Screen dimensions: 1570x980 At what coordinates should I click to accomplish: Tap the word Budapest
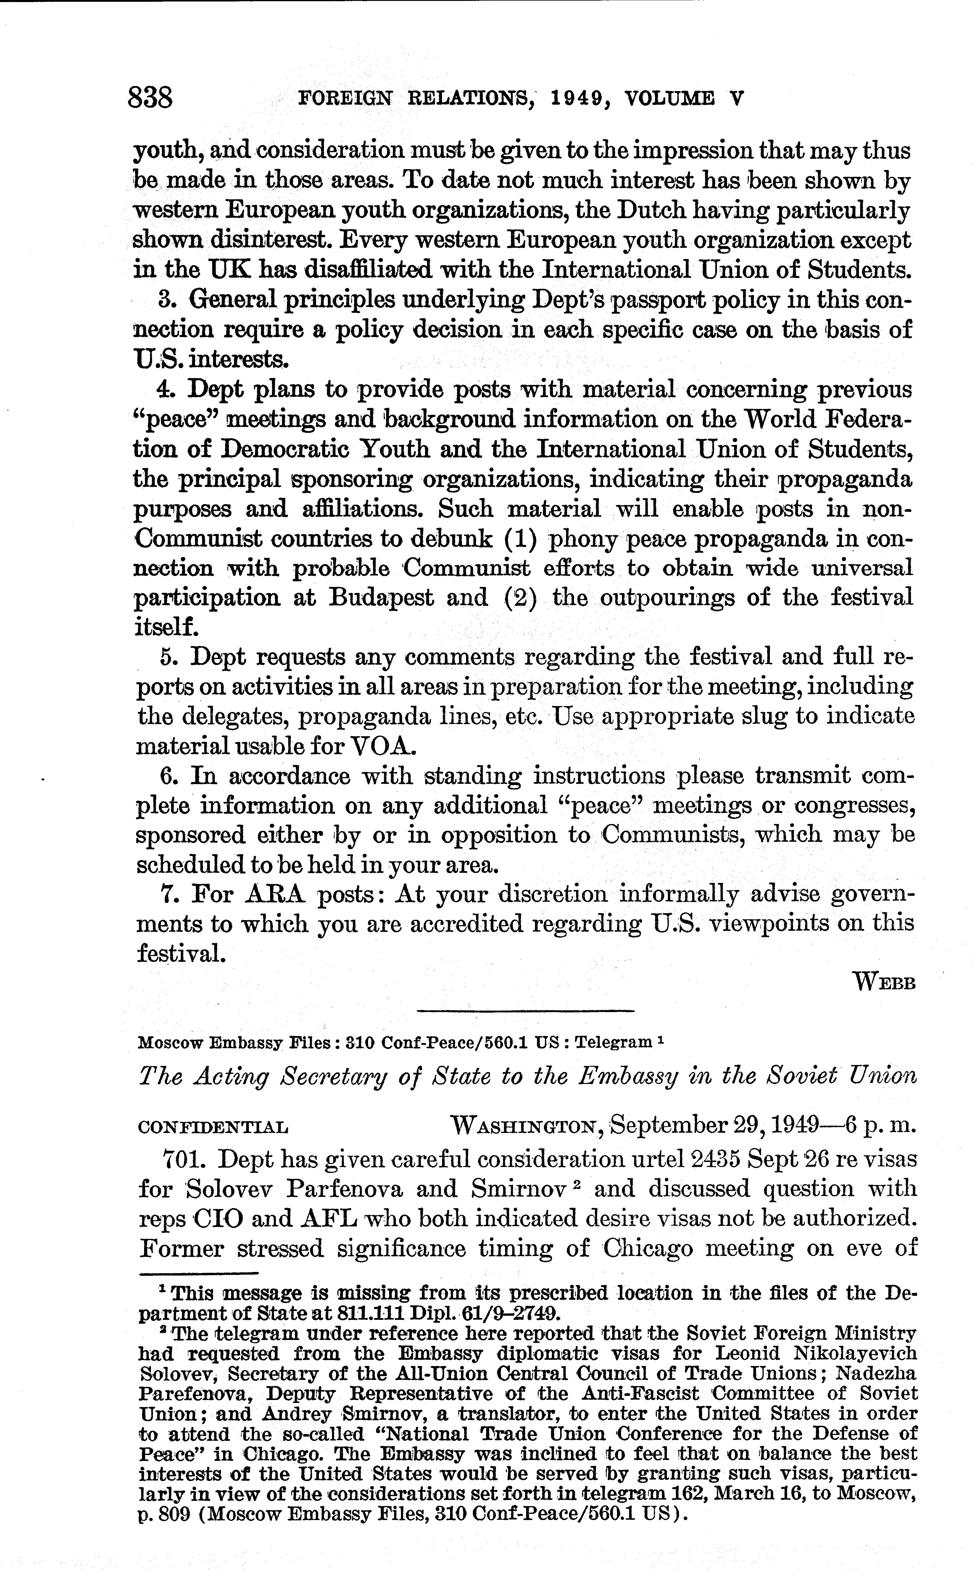point(381,597)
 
